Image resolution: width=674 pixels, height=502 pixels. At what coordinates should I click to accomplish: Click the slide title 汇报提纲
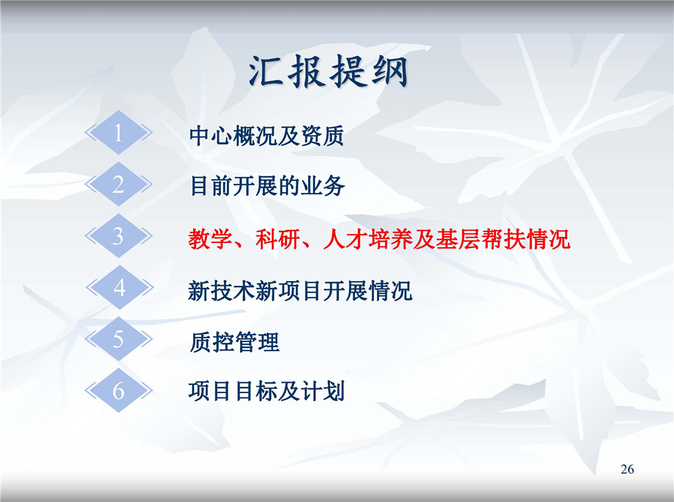[x=328, y=72]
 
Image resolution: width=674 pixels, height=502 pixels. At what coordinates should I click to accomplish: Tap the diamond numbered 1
[x=118, y=132]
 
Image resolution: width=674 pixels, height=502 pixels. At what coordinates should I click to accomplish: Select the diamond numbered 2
[x=118, y=184]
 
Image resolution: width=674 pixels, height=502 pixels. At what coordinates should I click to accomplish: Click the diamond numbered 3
[x=118, y=236]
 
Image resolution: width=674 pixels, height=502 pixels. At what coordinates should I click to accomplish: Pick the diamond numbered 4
[x=120, y=287]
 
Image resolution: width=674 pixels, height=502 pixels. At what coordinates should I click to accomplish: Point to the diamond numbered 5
[x=118, y=339]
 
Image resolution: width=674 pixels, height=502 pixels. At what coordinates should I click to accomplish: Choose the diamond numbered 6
[x=118, y=390]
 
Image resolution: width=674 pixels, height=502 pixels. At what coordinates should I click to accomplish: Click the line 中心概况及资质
[x=267, y=136]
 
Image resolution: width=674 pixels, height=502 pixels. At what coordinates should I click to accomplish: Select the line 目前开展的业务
[x=267, y=187]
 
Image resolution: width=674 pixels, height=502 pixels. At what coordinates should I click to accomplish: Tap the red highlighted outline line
[x=379, y=239]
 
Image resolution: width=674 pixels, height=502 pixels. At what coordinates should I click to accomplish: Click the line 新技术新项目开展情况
[x=300, y=291]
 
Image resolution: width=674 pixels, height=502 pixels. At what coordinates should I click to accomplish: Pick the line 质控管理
[x=235, y=342]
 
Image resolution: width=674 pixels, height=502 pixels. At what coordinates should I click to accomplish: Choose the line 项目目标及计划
[x=267, y=391]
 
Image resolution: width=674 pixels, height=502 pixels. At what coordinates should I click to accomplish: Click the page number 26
[x=627, y=469]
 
